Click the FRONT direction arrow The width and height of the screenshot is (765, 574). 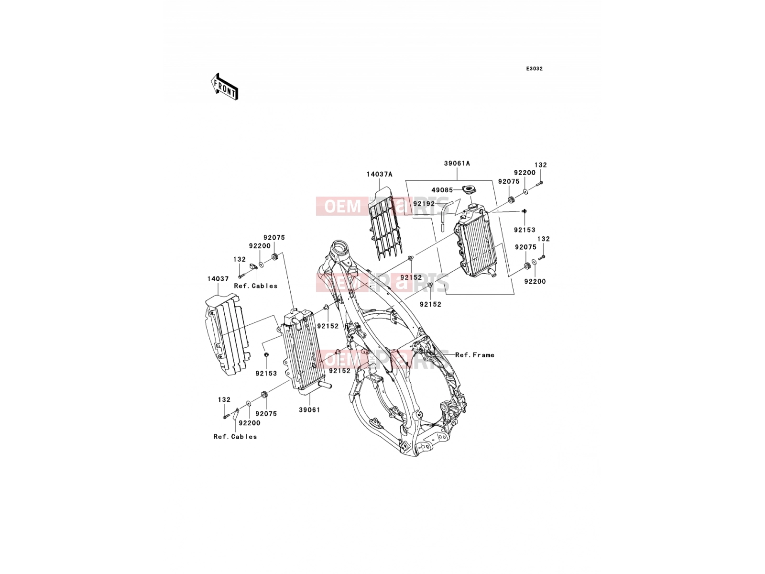224,87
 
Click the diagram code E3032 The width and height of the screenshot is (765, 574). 534,69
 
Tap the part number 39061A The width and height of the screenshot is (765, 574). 457,163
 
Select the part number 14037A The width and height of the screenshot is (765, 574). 379,174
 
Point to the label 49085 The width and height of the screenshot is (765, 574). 442,190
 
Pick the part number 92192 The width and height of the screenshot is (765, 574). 424,203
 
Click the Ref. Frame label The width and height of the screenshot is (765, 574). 475,355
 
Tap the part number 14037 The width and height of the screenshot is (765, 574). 218,279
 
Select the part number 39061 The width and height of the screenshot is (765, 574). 309,410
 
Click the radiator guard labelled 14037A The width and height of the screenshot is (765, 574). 385,223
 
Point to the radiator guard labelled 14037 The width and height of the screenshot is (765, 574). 227,334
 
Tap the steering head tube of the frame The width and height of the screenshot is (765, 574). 340,249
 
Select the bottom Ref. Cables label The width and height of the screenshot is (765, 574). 235,436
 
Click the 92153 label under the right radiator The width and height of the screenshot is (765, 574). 525,230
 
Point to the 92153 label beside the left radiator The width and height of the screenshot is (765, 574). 266,373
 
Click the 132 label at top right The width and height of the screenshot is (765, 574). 541,165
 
